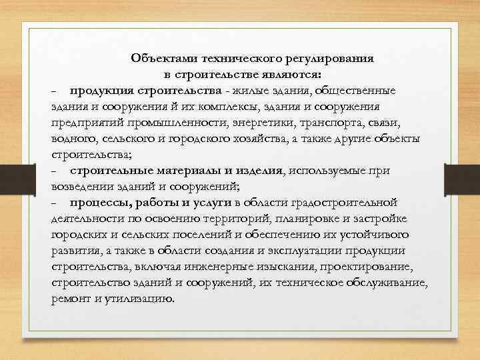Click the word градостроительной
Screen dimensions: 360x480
(x=350, y=203)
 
